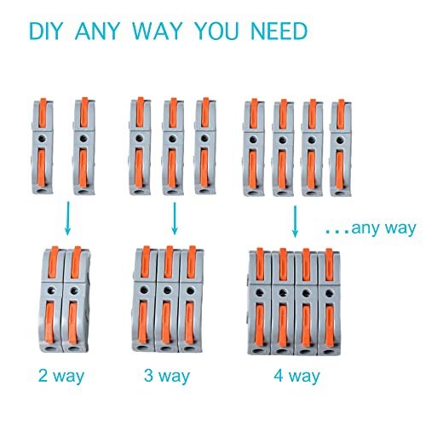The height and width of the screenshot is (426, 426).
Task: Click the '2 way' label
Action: point(60,376)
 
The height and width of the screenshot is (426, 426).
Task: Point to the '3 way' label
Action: point(167,376)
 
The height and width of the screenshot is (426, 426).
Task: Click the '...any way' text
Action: point(371,227)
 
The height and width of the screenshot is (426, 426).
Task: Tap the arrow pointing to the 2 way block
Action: point(66,223)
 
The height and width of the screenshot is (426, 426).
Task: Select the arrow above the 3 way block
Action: point(174,220)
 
